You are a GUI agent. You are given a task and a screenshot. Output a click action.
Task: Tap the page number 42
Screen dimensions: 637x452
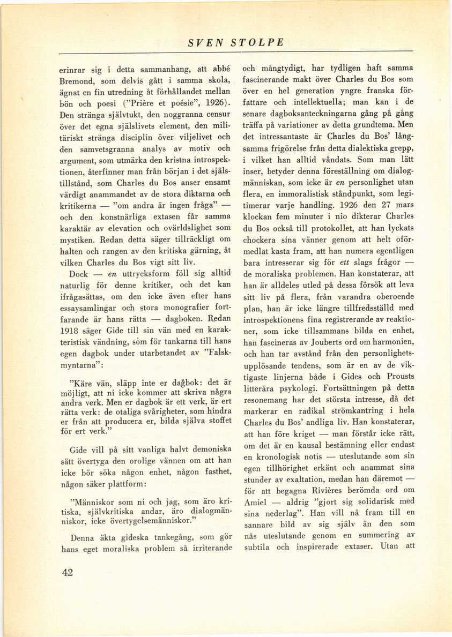pos(67,572)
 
